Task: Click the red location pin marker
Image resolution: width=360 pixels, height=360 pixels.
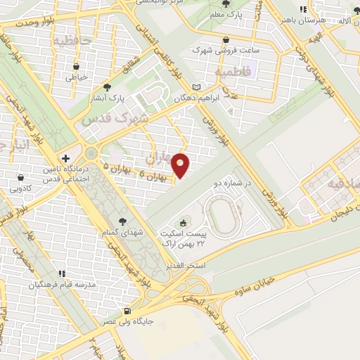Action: click(181, 165)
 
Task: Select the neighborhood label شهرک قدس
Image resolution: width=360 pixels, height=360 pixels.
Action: click(115, 119)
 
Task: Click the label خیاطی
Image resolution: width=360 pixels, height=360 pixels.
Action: click(76, 78)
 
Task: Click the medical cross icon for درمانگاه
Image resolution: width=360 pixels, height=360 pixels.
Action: click(65, 158)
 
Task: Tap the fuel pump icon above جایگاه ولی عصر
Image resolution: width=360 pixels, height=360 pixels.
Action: click(127, 311)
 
